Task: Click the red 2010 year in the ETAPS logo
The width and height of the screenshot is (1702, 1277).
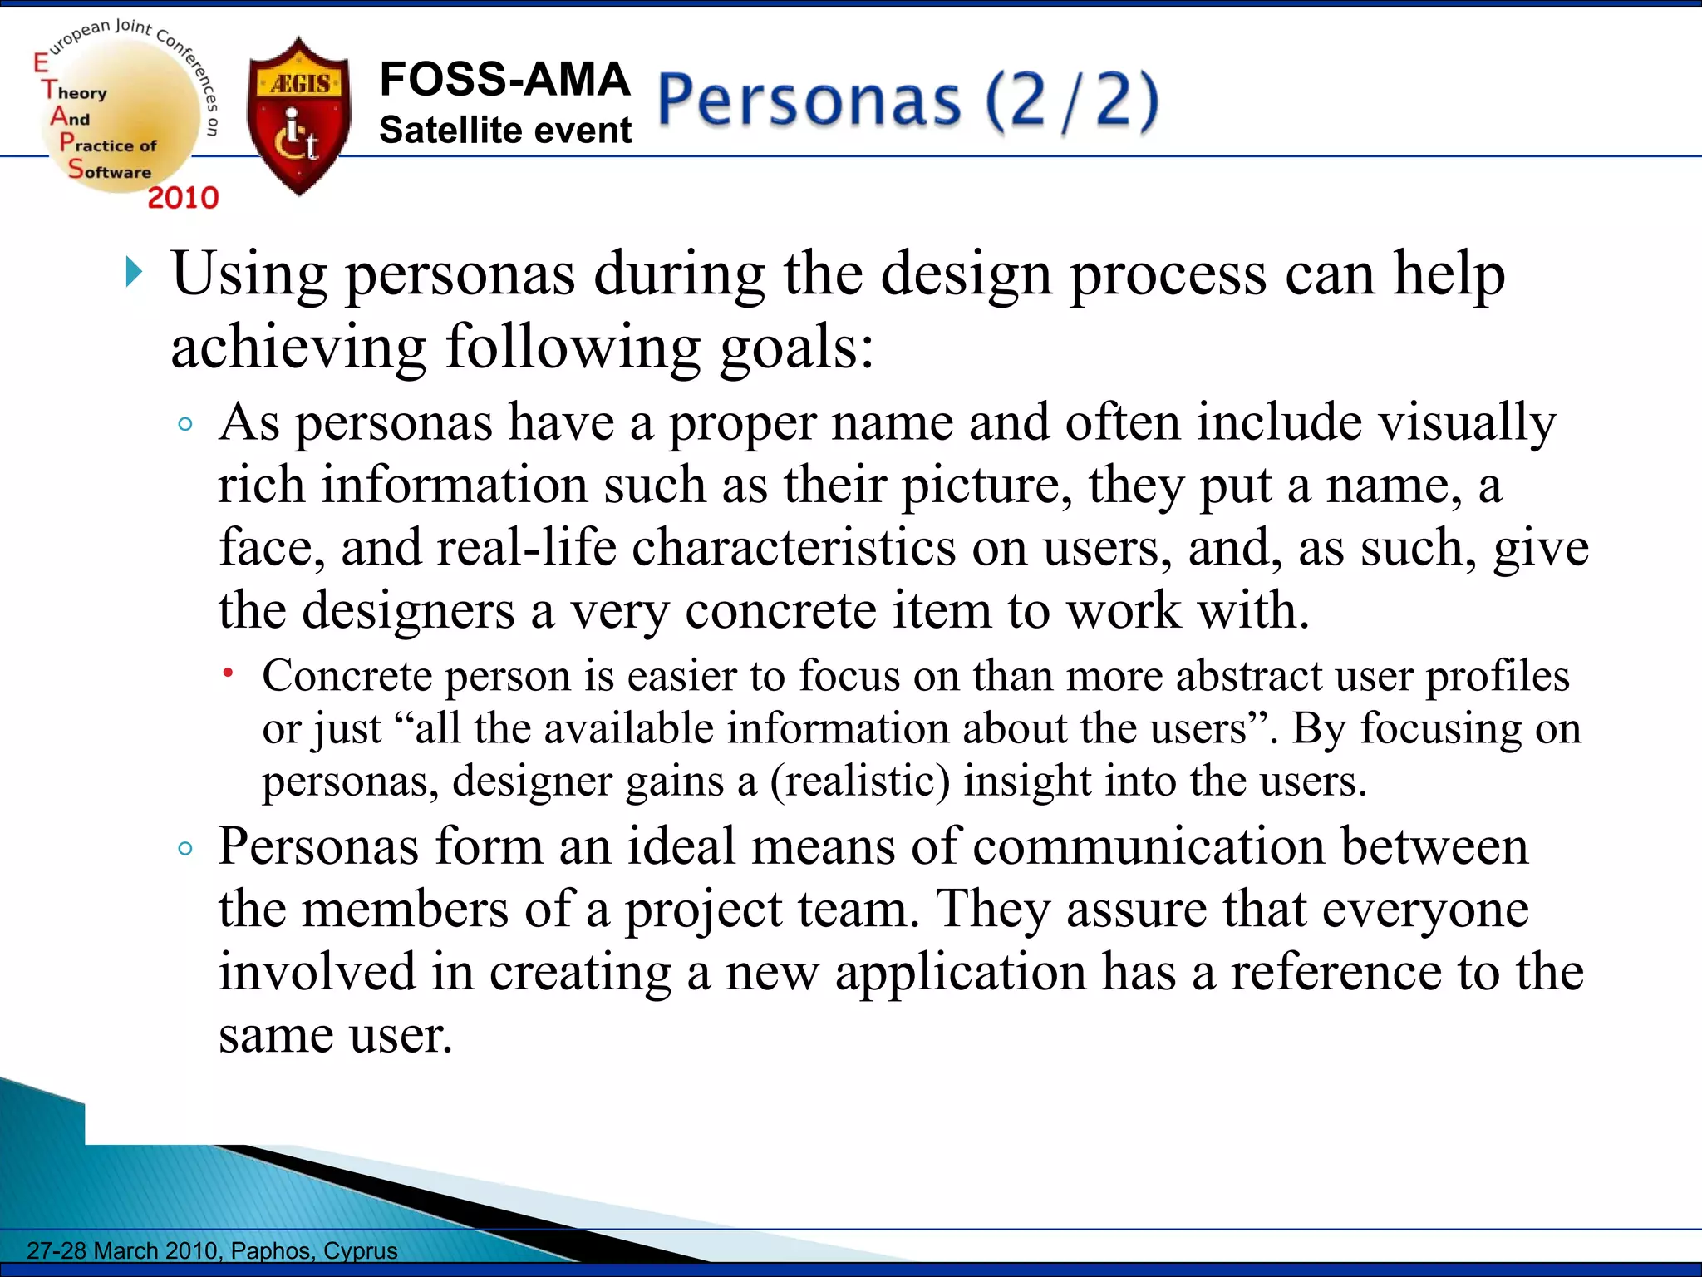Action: tap(183, 198)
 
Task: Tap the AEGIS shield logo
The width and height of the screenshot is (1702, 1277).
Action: tap(299, 116)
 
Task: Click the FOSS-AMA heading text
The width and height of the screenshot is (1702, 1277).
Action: tap(504, 80)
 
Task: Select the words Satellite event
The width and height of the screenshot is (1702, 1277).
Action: tap(505, 131)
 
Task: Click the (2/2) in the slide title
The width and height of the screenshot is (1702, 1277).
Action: tap(1072, 101)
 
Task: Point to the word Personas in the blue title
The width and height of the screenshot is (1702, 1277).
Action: tap(809, 101)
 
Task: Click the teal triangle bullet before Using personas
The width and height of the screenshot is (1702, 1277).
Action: tap(134, 272)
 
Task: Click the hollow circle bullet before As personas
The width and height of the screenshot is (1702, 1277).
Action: tap(185, 424)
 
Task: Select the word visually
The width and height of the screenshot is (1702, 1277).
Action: tap(1468, 422)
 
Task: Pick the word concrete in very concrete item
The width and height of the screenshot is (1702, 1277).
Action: tap(780, 610)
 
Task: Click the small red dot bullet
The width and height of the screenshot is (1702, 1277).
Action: tap(228, 672)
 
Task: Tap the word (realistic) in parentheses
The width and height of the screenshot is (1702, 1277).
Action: tap(859, 781)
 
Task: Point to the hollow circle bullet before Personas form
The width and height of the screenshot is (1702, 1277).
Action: tap(185, 848)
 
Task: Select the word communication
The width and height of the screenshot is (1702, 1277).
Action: tap(1149, 846)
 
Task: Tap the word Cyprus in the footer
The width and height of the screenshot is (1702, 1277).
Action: tap(361, 1250)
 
